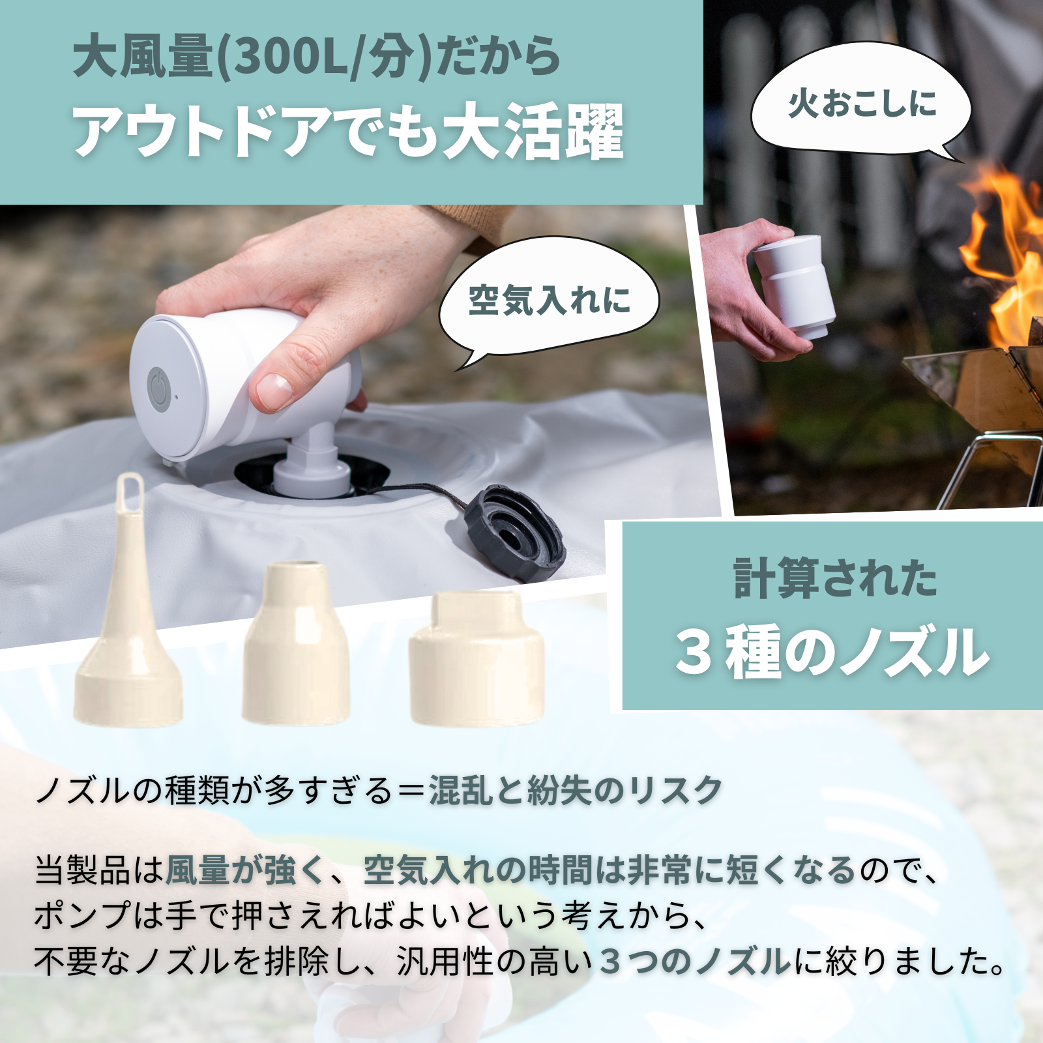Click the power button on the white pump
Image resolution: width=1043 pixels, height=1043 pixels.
(x=159, y=389)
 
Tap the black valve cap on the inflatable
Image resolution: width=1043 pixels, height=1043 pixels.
(x=514, y=532)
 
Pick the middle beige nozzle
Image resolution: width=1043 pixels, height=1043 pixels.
(x=296, y=645)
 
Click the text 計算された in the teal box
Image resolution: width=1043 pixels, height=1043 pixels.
(x=835, y=578)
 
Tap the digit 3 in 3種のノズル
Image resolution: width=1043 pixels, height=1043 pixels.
(x=694, y=652)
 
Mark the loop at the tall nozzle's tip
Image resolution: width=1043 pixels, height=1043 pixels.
(x=130, y=488)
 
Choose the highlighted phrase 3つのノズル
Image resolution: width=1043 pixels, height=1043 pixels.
(x=694, y=962)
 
